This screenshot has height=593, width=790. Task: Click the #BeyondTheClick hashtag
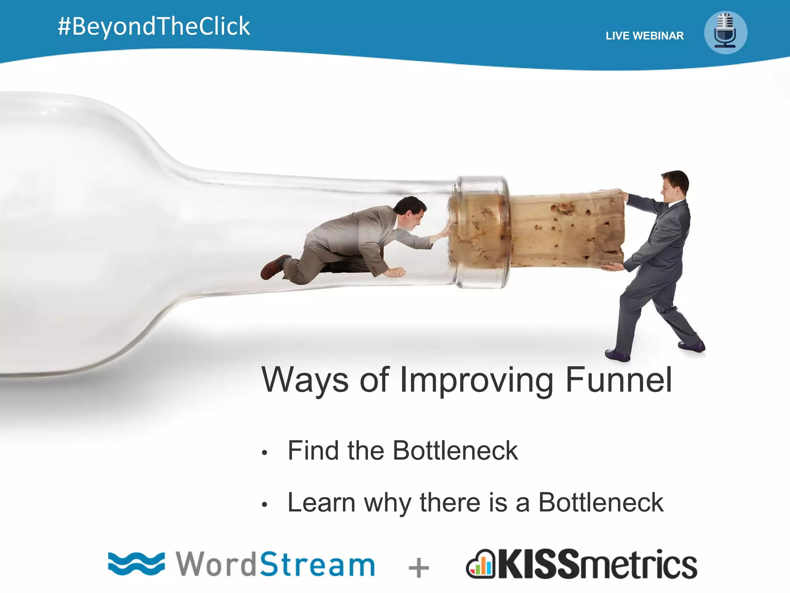[x=154, y=26]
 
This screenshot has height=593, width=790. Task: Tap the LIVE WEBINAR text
[x=645, y=36]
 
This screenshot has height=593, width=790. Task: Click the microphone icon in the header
[x=725, y=33]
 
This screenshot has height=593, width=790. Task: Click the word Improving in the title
[x=477, y=381]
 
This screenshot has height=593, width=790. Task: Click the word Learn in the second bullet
[x=321, y=503]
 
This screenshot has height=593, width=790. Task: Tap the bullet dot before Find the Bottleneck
[x=264, y=453]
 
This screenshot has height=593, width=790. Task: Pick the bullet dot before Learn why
[x=264, y=505]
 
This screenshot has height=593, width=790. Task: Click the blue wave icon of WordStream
[x=136, y=564]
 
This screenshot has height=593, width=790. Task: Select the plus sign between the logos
[x=419, y=568]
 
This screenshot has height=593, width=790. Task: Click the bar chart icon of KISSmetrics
[x=481, y=566]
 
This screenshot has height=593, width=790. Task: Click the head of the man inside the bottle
[x=411, y=211]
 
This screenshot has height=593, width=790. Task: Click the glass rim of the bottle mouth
[x=482, y=232]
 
